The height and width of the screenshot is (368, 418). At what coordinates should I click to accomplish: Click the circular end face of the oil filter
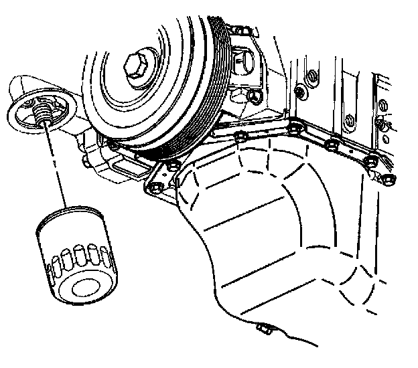(x=84, y=288)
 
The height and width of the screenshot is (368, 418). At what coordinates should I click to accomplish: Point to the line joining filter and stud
(x=57, y=164)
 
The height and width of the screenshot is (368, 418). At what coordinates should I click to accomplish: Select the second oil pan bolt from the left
(x=173, y=164)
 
